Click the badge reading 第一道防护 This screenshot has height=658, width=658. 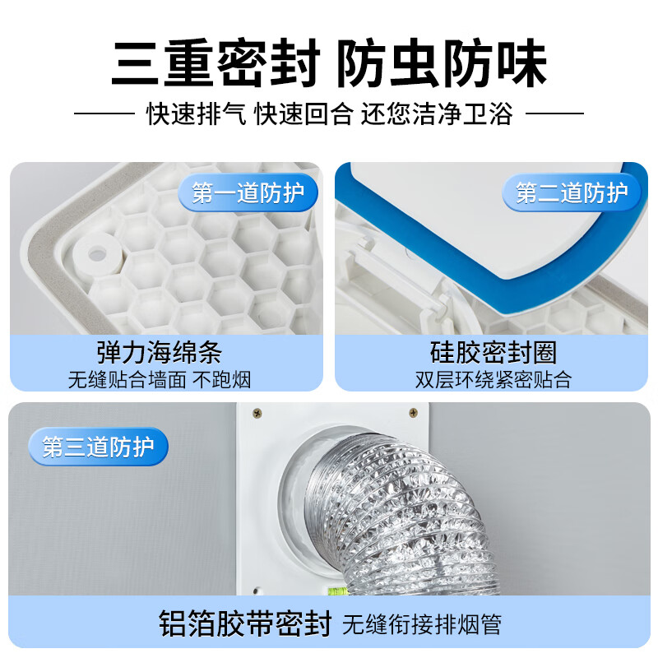248,192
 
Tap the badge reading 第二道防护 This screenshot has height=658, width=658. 572,192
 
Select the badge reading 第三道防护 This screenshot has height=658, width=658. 98,446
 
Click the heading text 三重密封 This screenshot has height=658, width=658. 215,63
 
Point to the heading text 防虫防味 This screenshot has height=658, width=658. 442,63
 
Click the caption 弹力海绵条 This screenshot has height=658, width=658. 160,353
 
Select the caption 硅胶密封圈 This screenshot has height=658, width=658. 493,353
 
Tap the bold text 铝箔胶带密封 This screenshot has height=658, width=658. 245,624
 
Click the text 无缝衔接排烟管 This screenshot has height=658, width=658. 422,625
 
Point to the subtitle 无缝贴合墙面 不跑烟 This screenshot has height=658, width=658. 160,380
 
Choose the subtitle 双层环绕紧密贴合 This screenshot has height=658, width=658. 493,380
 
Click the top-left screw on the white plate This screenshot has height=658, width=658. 257,413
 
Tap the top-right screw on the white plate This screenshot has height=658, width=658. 414,413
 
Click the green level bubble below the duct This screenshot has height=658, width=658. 337,591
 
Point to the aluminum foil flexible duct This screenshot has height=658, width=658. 399,517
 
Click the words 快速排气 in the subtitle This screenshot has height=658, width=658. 197,114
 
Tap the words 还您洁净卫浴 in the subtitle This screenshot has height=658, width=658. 437,114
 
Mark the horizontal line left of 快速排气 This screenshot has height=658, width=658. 104,114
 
